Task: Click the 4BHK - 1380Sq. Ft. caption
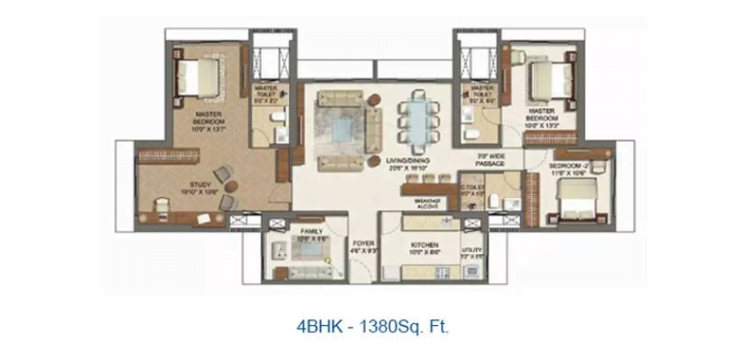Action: tap(372, 327)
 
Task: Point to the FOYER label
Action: tap(363, 246)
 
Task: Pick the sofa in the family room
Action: tap(309, 250)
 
